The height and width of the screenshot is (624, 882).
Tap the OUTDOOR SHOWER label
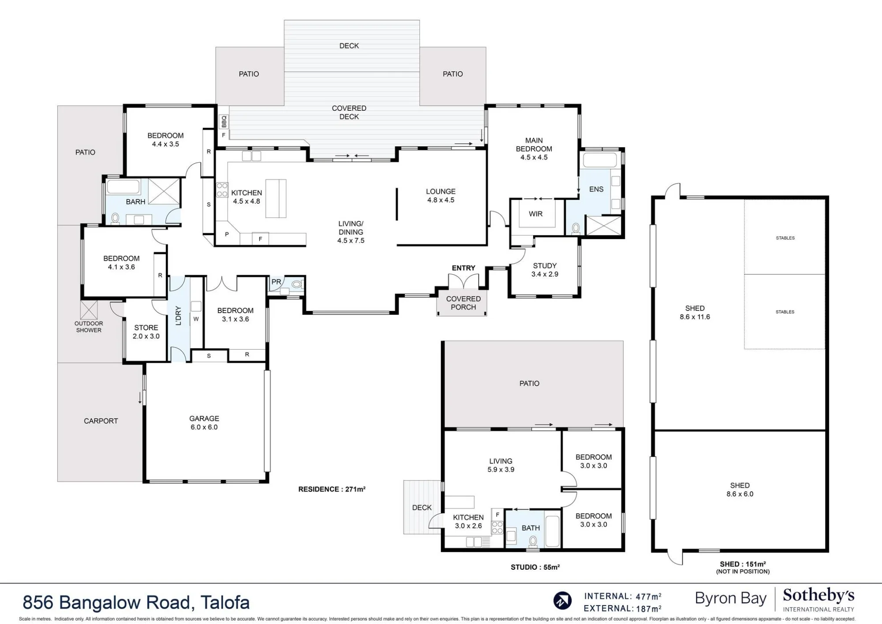tap(89, 327)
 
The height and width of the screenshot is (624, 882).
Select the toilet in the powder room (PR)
tap(297, 284)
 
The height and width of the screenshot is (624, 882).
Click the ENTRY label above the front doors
tap(463, 268)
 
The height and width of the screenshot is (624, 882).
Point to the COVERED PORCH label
tap(463, 303)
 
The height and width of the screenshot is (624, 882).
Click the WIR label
tap(536, 214)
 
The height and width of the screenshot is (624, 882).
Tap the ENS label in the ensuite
tap(596, 189)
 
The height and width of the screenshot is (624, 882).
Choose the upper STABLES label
tap(785, 238)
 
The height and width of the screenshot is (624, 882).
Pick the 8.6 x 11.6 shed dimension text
tap(695, 317)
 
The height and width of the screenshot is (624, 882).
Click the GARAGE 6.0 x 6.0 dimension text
tap(204, 427)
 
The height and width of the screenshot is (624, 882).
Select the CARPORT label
tap(101, 421)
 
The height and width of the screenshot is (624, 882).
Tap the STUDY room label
tap(545, 266)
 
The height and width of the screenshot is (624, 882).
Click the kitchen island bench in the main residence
tap(276, 198)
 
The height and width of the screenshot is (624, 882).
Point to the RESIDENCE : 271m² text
tap(332, 489)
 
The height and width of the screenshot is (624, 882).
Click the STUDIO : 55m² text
tap(535, 567)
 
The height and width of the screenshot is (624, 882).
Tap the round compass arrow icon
tap(562, 601)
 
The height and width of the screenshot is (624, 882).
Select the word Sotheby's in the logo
tap(818, 596)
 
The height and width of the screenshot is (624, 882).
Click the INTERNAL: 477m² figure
tap(623, 597)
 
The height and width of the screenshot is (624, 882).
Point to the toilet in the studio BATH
tap(533, 541)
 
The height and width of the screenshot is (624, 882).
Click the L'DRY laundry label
tap(179, 316)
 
